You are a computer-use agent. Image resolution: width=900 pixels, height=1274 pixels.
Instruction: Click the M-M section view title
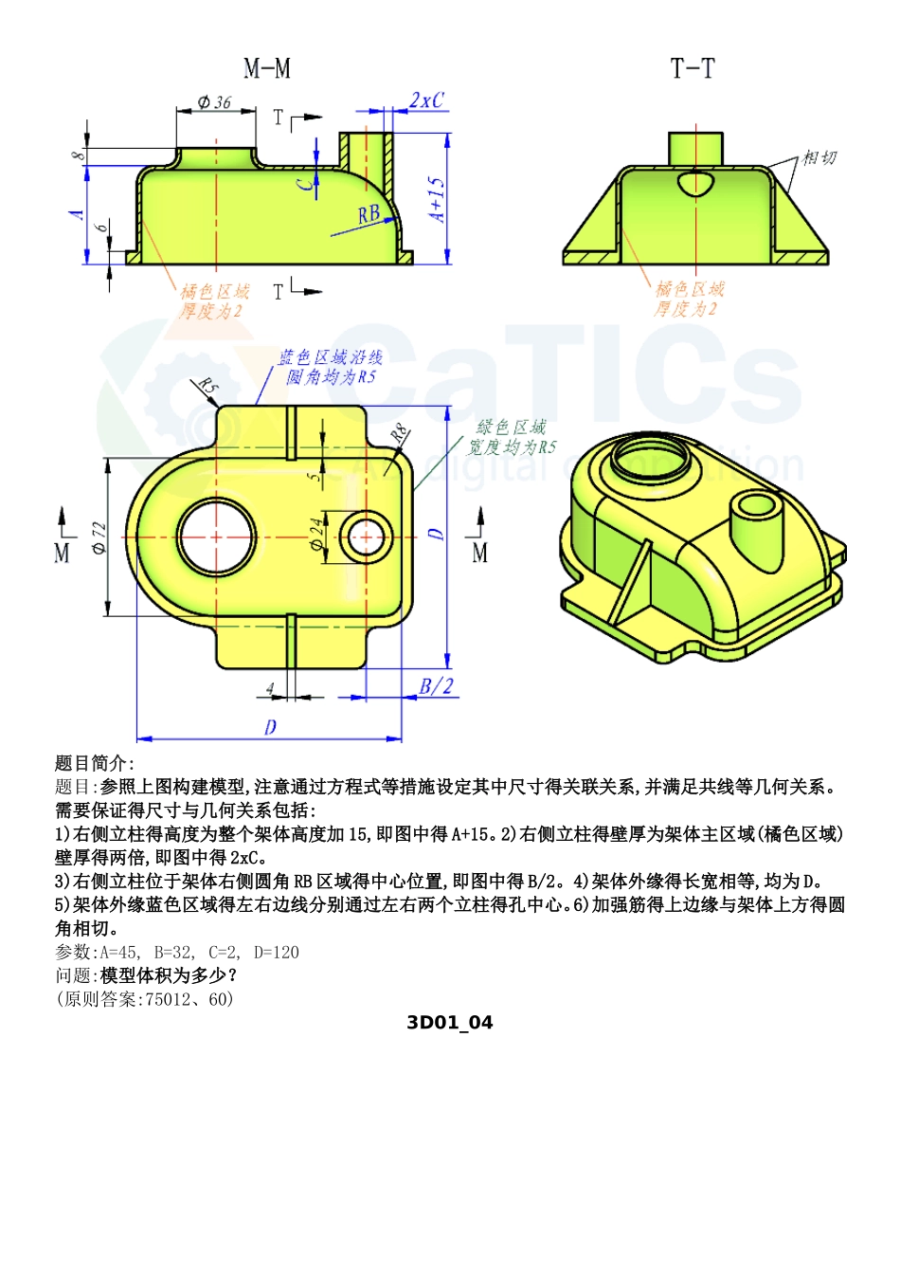(267, 68)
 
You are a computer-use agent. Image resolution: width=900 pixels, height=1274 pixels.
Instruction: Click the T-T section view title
(693, 68)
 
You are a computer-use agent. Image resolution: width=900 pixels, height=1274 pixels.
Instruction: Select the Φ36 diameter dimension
(215, 101)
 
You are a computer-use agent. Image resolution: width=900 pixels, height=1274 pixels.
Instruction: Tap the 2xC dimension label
(426, 100)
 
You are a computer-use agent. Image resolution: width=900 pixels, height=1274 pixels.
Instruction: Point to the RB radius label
(369, 215)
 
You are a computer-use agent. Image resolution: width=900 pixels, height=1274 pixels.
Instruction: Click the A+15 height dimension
(437, 199)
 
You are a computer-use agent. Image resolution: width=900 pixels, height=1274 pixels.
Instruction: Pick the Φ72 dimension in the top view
(99, 537)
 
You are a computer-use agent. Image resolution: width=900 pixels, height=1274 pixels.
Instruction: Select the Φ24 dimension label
(316, 535)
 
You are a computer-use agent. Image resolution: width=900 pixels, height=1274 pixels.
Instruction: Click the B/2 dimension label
(436, 686)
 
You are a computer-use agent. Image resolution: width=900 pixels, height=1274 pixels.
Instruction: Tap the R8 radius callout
(400, 434)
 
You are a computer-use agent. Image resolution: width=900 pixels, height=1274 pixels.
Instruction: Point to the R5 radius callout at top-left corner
(207, 387)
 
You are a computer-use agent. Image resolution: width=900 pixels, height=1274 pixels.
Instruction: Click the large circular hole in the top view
(216, 537)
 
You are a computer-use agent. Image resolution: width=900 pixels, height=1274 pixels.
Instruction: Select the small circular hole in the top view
(366, 537)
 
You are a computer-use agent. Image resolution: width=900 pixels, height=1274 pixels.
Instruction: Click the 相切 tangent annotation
(819, 157)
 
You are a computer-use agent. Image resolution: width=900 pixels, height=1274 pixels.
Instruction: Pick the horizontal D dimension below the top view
(270, 727)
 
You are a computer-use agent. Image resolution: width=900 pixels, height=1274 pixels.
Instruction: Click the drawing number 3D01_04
(449, 1022)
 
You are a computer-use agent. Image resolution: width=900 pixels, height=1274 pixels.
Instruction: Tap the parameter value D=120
(277, 952)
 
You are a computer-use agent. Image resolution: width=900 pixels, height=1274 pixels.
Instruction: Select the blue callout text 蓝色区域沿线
(330, 357)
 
